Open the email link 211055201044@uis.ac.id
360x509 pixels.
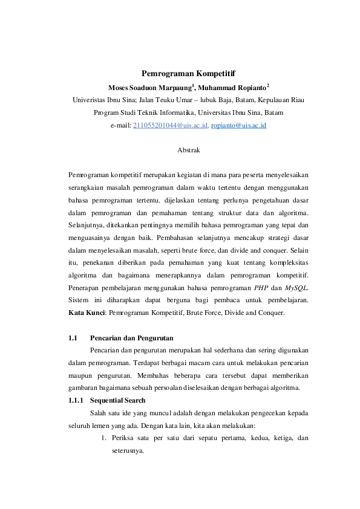pyautogui.click(x=170, y=125)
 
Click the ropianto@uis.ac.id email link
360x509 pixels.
pyautogui.click(x=238, y=125)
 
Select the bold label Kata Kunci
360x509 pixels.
pyautogui.click(x=87, y=313)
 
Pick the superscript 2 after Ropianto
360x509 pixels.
pyautogui.click(x=268, y=85)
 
